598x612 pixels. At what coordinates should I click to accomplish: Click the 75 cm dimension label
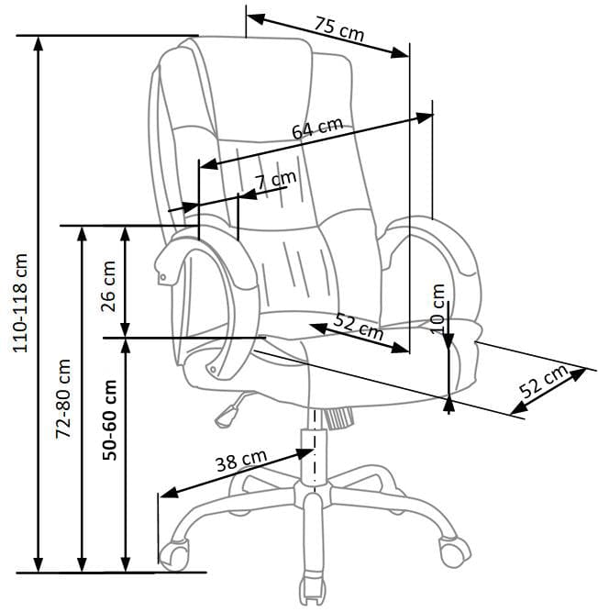[x=338, y=30]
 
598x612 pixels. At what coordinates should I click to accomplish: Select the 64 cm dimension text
[x=317, y=128]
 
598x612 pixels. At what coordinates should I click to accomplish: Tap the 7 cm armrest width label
[x=276, y=179]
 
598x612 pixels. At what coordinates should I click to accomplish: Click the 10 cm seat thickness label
[x=437, y=307]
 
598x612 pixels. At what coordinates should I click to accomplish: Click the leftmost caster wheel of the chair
[x=174, y=552]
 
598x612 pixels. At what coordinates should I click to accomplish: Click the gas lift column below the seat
[x=316, y=454]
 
